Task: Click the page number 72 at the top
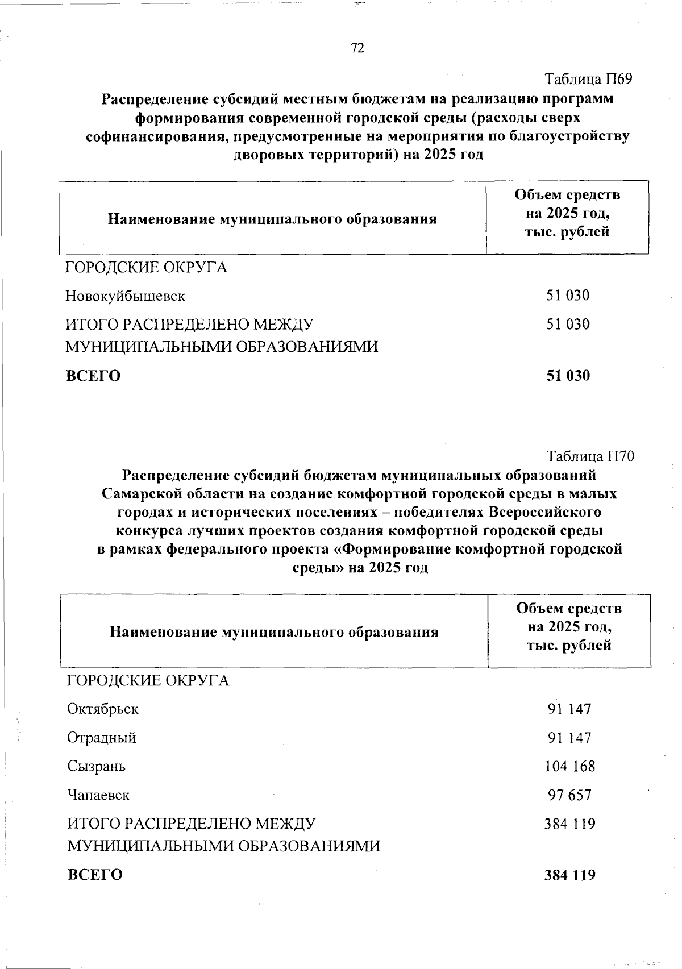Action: (x=357, y=48)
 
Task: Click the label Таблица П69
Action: (x=589, y=79)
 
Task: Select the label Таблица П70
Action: (x=590, y=456)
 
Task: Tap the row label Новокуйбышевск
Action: (x=125, y=296)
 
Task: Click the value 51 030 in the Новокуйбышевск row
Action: (x=568, y=296)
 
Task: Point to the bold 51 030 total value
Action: (x=568, y=376)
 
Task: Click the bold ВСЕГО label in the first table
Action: (x=93, y=376)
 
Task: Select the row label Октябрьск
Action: (x=103, y=709)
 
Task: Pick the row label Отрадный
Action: (x=102, y=738)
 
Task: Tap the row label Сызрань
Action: (x=97, y=766)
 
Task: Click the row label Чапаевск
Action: (x=98, y=795)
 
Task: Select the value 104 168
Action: (x=570, y=766)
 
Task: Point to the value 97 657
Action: (x=570, y=795)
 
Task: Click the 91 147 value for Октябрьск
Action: (x=570, y=709)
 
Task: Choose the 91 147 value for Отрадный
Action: (x=570, y=738)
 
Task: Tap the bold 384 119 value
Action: (x=570, y=875)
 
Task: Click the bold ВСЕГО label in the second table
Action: (x=95, y=875)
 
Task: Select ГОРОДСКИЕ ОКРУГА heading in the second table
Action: (x=148, y=680)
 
